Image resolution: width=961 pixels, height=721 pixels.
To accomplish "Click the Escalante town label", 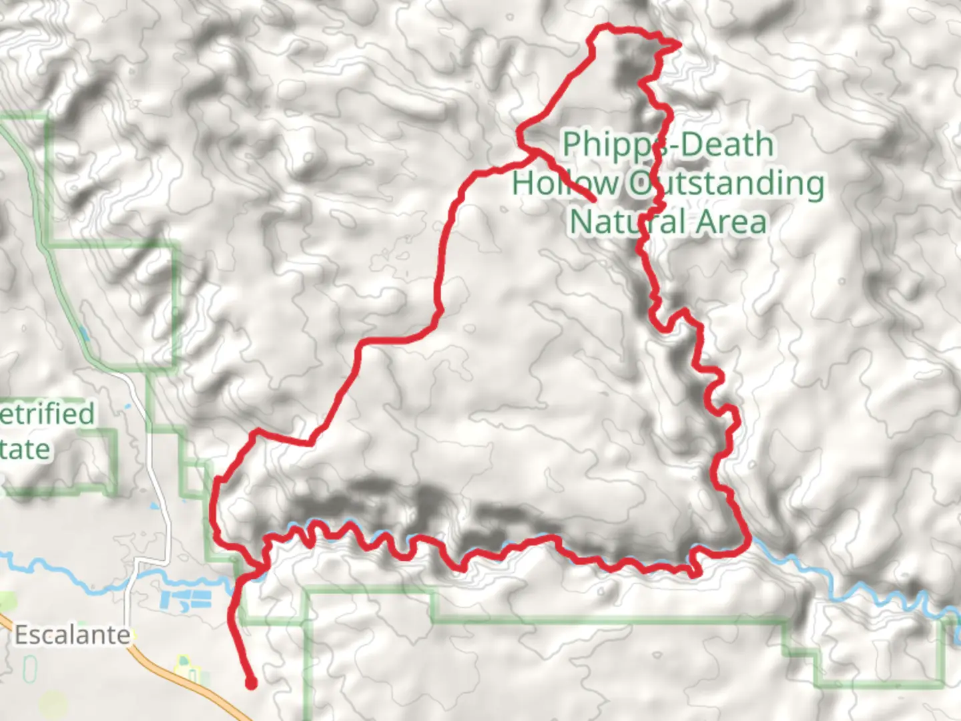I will coord(72,634).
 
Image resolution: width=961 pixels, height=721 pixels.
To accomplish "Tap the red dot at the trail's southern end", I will coord(251,682).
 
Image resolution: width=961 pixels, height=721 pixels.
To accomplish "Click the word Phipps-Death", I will coord(667,144).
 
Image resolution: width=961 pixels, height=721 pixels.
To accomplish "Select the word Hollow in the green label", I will coord(565,183).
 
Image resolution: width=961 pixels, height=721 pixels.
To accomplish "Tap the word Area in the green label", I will coord(731,222).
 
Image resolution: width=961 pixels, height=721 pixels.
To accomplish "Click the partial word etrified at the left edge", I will coord(47,414).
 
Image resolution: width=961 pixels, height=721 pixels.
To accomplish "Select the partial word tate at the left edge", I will coord(25,449).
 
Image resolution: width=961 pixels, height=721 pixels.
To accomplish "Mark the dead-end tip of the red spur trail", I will coord(593,200).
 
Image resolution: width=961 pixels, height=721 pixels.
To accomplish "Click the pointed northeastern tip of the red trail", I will coord(679,45).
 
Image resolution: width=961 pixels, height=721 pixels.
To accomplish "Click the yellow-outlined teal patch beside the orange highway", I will coord(185,668).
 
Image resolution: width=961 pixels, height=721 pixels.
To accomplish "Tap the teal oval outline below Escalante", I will coord(30,669).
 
